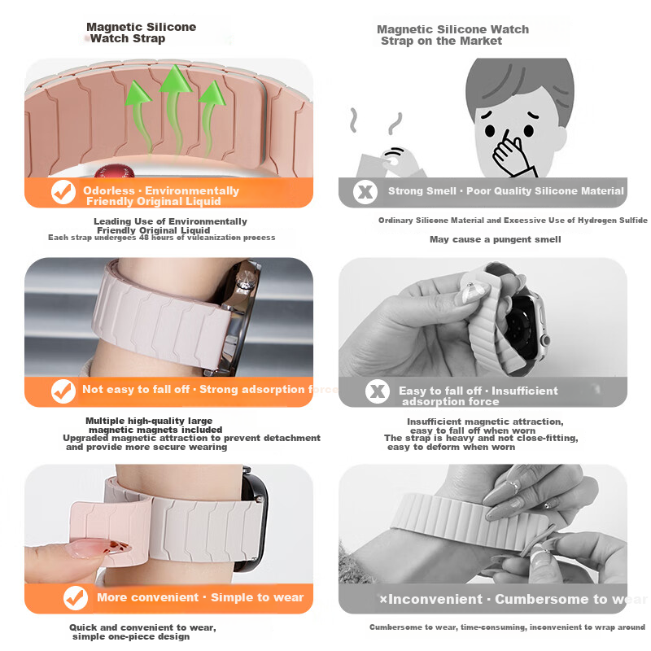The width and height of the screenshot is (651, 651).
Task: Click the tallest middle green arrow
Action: tap(175, 108)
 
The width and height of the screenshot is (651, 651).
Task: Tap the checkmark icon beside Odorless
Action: tap(63, 192)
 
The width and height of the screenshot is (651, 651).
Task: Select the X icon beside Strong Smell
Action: tap(365, 192)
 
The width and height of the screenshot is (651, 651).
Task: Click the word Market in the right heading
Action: tap(481, 42)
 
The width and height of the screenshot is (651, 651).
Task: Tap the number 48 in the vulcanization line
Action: tap(144, 238)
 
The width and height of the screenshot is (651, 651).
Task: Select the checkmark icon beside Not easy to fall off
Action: tap(63, 391)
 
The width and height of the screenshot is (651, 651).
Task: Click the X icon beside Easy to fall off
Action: tap(378, 391)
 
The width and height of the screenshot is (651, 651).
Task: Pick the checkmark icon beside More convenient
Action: tap(76, 598)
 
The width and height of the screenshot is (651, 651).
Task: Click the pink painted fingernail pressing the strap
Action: tap(98, 548)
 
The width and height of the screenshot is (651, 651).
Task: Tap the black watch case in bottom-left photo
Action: tap(252, 519)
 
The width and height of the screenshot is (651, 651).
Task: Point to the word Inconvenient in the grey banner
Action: tap(435, 599)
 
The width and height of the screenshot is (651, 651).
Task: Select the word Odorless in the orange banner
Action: tap(109, 190)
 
